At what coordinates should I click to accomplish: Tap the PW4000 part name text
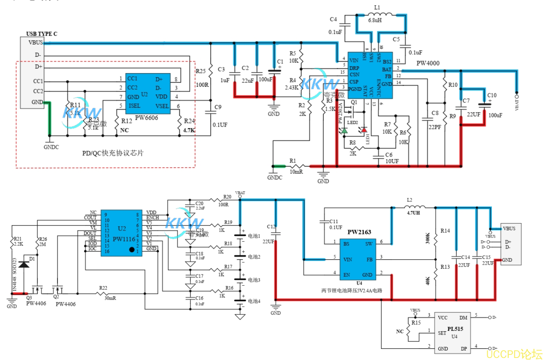point(428,63)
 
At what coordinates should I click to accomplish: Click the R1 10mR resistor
point(298,166)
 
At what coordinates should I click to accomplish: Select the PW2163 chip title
point(360,232)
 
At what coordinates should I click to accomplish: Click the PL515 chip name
point(456,329)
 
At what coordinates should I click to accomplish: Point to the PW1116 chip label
point(122,239)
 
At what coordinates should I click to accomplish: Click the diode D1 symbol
point(24,264)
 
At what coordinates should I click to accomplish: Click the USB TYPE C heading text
point(41,34)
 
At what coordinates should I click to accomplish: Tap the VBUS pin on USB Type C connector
point(36,42)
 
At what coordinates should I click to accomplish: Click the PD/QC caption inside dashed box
point(113,153)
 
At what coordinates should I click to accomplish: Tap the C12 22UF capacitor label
point(271,234)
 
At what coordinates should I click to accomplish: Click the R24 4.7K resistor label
point(189,126)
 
